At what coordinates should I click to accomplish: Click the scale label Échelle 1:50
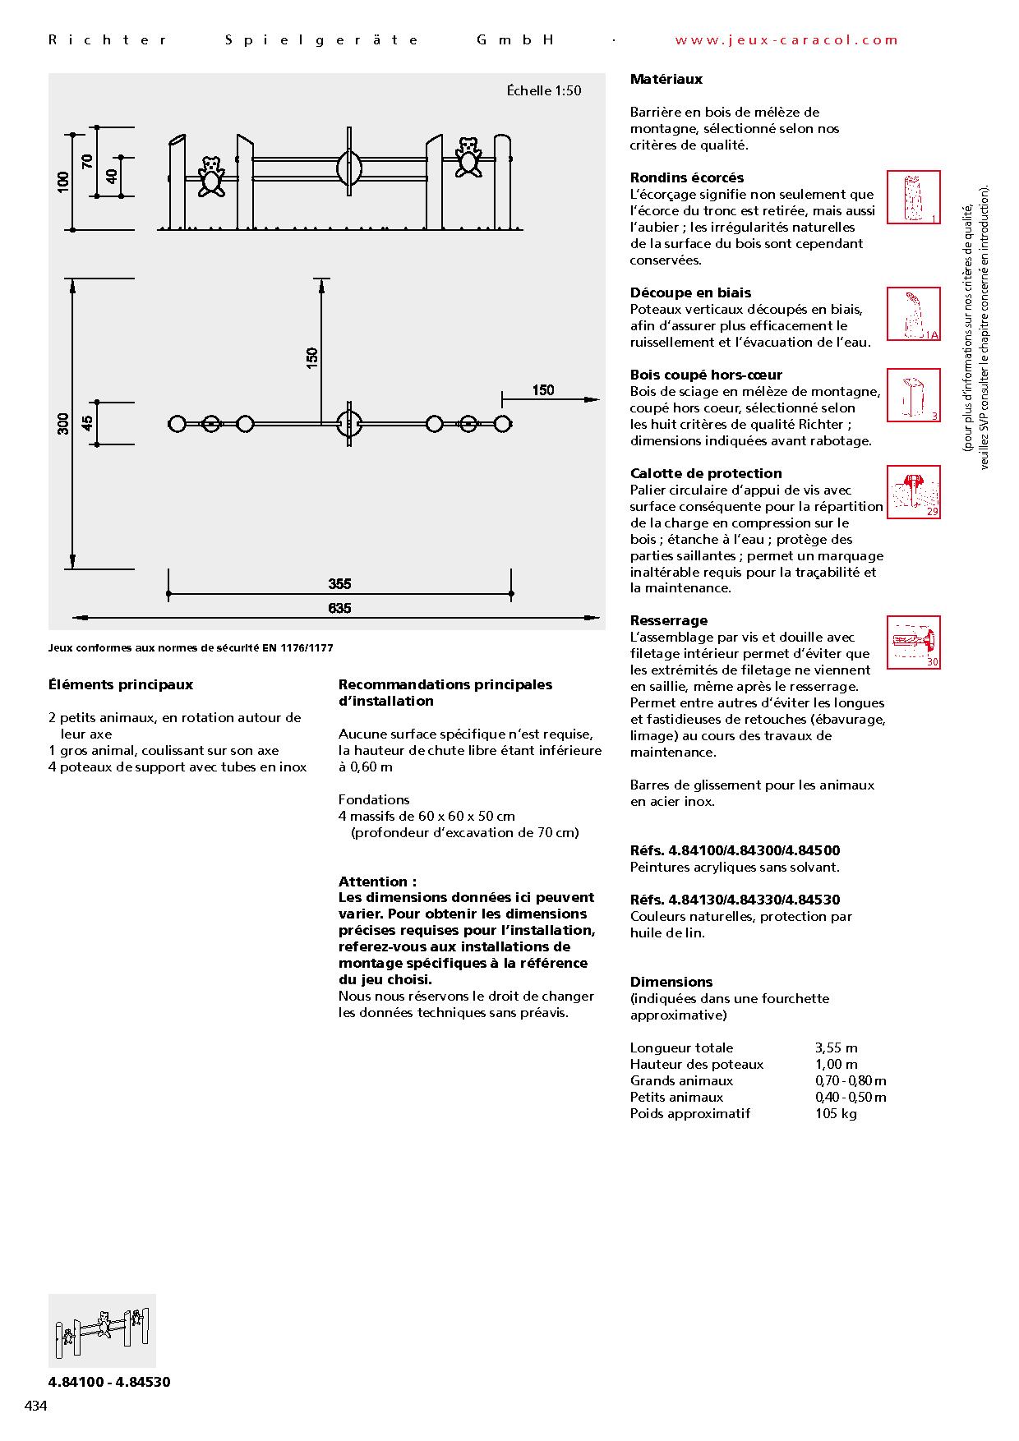click(543, 90)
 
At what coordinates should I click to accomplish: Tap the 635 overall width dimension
click(339, 608)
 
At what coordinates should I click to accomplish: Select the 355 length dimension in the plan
click(339, 584)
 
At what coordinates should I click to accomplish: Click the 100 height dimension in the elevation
click(63, 182)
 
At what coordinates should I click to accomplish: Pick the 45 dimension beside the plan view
click(87, 424)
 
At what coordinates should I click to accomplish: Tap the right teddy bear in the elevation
click(469, 156)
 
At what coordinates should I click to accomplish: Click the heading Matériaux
click(666, 80)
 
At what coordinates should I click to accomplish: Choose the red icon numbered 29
click(913, 492)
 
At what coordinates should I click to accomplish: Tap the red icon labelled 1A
click(913, 314)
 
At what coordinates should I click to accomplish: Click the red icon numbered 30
click(913, 642)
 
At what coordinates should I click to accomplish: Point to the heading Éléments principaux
click(121, 684)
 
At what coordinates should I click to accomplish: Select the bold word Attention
click(374, 882)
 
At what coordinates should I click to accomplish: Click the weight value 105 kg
click(836, 1113)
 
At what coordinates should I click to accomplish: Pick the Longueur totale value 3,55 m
click(836, 1047)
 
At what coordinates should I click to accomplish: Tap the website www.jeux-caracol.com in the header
click(786, 39)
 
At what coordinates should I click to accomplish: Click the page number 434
click(36, 1406)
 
